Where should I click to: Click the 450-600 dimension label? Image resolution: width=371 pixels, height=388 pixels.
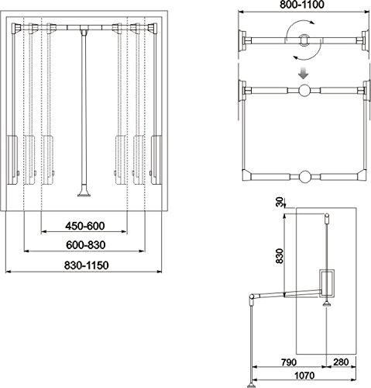tap(85, 226)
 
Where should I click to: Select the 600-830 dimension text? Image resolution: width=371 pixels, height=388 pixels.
tap(86, 245)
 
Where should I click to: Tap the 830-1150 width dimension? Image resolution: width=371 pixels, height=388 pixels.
tap(87, 265)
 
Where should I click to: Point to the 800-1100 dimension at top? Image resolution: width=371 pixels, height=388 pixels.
tap(302, 5)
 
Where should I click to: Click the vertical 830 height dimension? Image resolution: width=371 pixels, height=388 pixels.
tap(280, 256)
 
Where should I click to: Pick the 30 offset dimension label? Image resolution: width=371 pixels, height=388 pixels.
tap(280, 202)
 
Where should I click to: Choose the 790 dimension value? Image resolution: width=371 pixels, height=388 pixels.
tap(289, 362)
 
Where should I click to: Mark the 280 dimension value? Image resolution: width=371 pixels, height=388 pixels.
tap(341, 362)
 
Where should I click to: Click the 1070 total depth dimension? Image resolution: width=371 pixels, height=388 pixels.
tap(304, 376)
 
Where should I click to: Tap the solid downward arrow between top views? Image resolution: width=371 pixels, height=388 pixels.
tap(303, 73)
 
